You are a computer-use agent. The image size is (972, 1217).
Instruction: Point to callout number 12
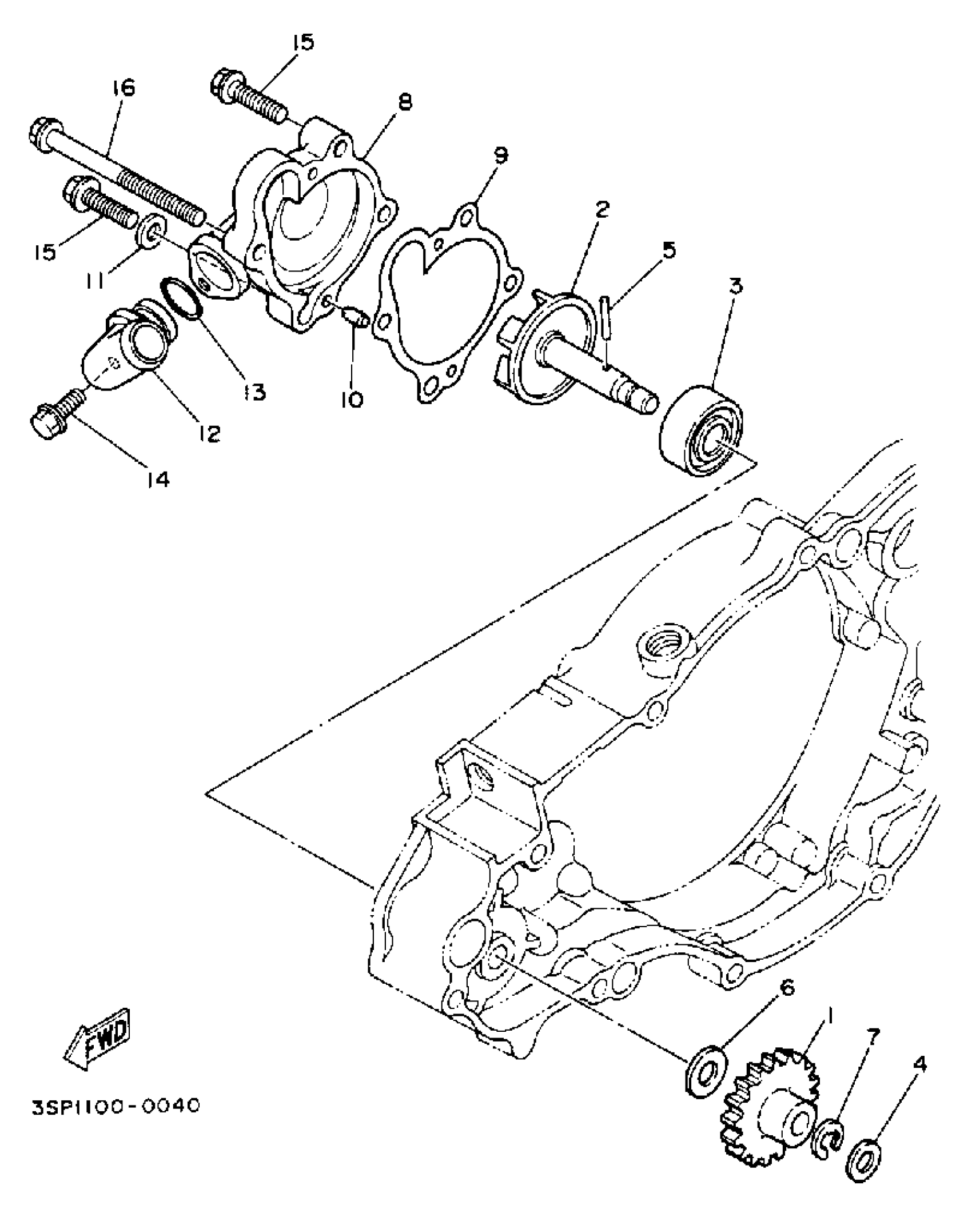210,434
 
